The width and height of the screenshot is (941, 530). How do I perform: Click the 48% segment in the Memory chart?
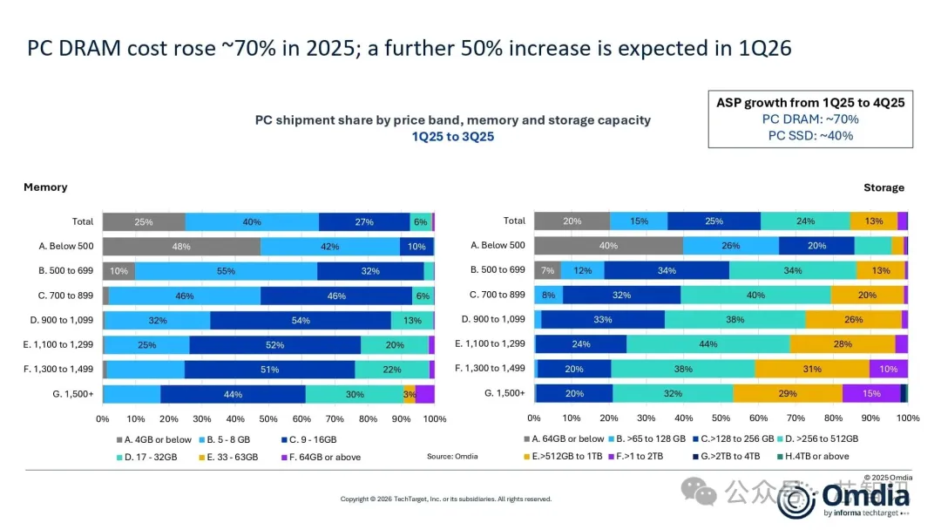tap(181, 247)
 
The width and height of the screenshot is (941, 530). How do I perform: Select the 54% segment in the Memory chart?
tap(301, 320)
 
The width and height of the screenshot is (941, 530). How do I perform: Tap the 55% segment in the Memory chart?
tap(226, 271)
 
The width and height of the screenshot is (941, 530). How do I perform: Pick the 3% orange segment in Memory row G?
tap(410, 394)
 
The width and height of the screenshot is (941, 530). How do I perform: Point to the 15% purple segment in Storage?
tap(870, 394)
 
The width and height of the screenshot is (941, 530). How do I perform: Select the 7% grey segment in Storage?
tap(547, 271)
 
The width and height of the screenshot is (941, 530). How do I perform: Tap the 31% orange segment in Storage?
tap(812, 369)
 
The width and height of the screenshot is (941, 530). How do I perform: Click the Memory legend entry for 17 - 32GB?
tap(153, 457)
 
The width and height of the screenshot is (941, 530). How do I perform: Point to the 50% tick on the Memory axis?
tap(268, 419)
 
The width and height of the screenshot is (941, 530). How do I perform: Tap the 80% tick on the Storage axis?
tap(833, 419)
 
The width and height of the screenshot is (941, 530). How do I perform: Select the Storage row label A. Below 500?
tap(498, 246)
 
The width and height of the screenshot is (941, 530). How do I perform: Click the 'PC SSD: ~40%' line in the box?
tap(810, 135)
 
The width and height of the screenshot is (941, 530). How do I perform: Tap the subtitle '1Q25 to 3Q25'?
tap(452, 137)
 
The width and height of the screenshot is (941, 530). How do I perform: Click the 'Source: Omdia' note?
tap(452, 457)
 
